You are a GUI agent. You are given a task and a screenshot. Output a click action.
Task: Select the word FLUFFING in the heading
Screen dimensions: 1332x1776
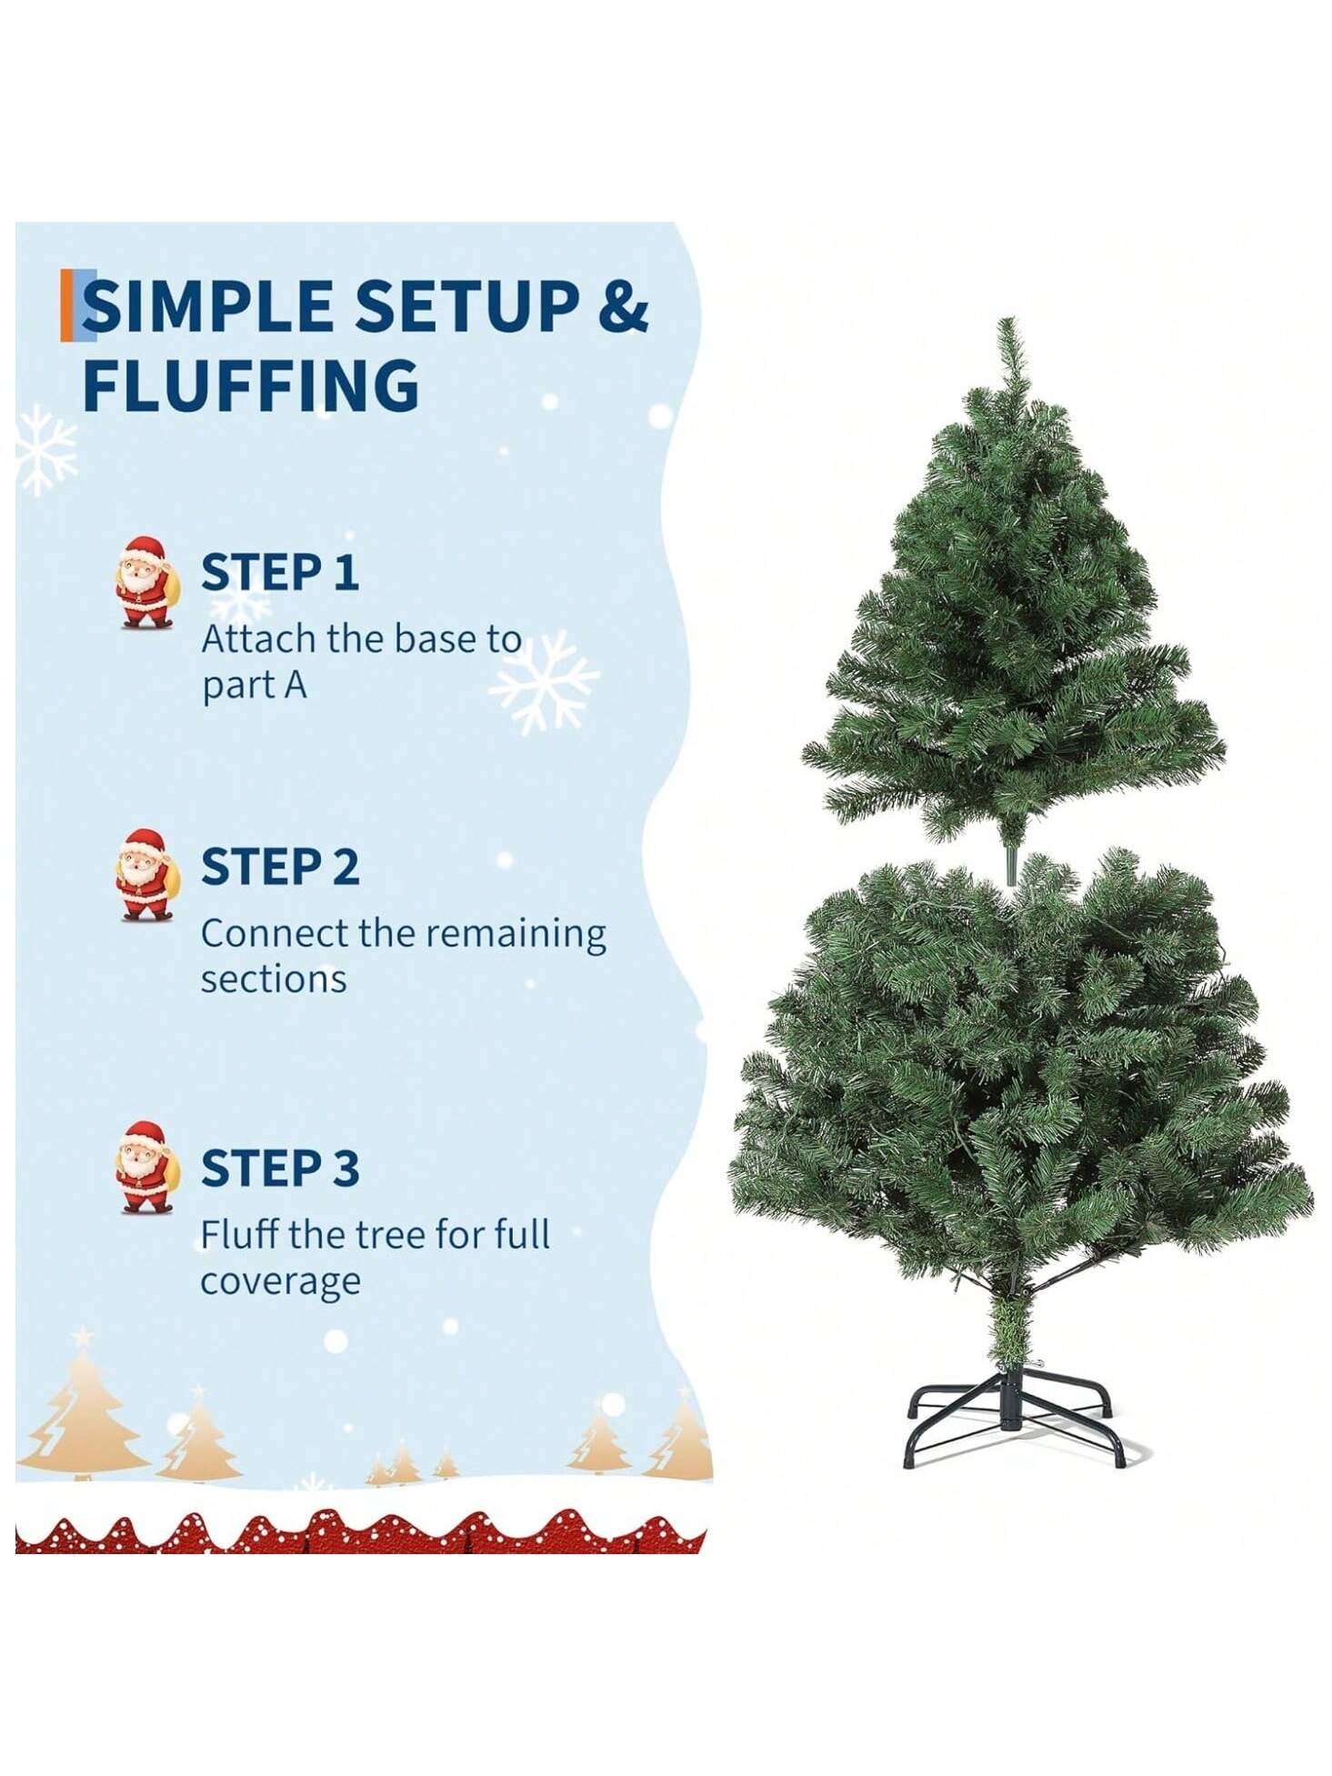pos(251,386)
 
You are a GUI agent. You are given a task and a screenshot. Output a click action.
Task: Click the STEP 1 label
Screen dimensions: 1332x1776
pos(279,572)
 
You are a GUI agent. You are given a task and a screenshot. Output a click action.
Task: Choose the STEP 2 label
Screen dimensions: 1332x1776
pos(279,867)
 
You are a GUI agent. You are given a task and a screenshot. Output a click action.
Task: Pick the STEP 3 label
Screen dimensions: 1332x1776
pos(279,1169)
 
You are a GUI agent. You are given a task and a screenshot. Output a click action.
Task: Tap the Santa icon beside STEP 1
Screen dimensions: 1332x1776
pos(145,582)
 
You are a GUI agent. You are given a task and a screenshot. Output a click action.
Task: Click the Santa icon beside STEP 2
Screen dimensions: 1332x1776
pos(145,875)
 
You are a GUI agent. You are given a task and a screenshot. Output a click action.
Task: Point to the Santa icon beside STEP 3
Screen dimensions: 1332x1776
pos(145,1168)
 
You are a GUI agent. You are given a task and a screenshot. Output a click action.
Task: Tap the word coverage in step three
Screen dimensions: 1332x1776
pos(280,1283)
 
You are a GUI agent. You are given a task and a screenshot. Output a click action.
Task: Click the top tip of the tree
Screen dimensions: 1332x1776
pos(1006,319)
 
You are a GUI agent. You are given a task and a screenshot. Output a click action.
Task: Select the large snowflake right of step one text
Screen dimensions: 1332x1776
pos(544,681)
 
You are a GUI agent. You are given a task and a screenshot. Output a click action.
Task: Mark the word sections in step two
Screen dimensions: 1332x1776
pos(274,980)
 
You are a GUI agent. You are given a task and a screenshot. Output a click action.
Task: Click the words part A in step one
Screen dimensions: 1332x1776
pos(255,687)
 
